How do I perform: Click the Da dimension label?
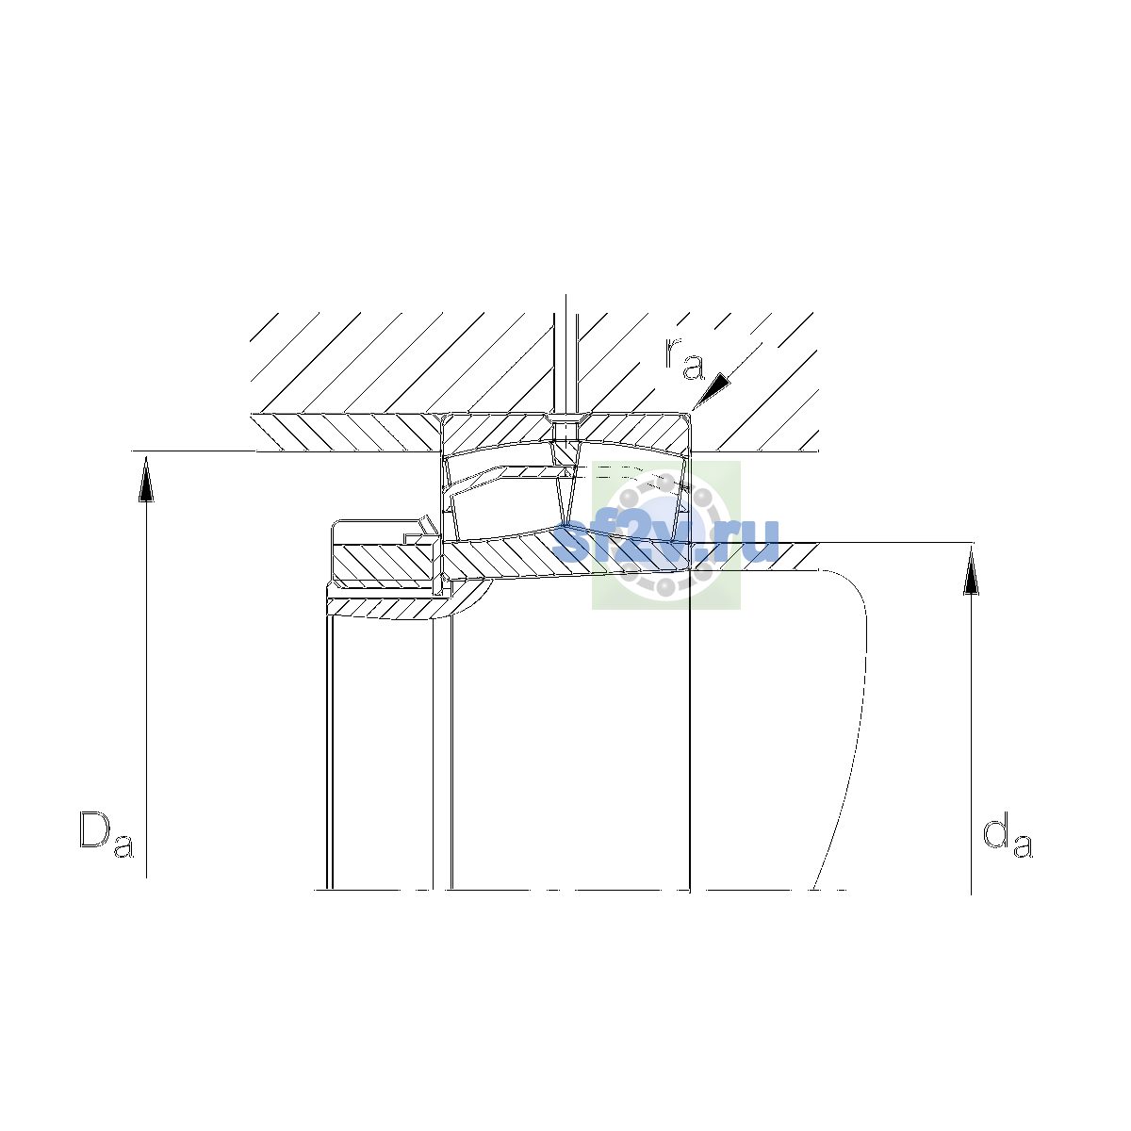[107, 834]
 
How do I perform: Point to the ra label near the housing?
[683, 358]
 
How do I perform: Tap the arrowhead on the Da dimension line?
[146, 480]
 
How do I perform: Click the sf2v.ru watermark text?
[665, 541]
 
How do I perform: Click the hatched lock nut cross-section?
[385, 563]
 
